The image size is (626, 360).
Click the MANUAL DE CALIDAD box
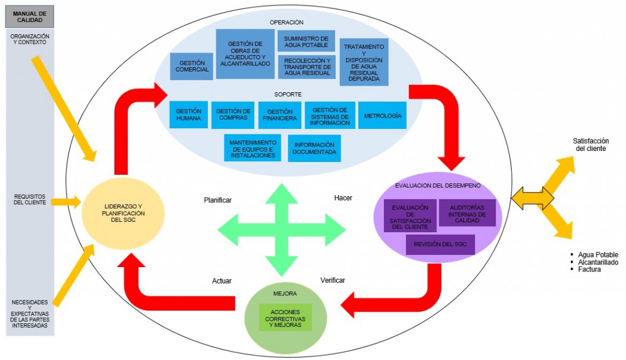(x=29, y=17)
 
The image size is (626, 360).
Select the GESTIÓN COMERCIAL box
(x=192, y=66)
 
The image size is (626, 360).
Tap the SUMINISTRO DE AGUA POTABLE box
(x=306, y=41)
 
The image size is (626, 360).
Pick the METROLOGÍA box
(x=382, y=115)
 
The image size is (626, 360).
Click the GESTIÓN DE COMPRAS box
(x=233, y=115)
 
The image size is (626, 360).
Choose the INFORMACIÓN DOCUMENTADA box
(x=314, y=148)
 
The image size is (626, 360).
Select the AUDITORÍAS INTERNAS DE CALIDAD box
(x=467, y=213)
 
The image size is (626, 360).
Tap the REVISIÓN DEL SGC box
(x=440, y=244)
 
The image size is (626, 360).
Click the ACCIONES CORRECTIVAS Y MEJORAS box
(x=285, y=317)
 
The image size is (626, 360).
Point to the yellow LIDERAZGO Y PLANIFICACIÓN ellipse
(x=123, y=212)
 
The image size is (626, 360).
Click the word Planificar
(x=218, y=200)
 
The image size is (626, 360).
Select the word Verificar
(x=333, y=281)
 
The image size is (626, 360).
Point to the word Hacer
(x=343, y=198)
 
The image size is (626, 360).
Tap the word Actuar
(x=222, y=281)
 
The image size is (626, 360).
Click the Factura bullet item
(x=589, y=270)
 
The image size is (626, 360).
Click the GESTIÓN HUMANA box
(x=188, y=115)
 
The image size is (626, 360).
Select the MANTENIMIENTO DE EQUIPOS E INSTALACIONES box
(x=252, y=148)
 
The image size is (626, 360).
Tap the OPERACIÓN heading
(x=286, y=22)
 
